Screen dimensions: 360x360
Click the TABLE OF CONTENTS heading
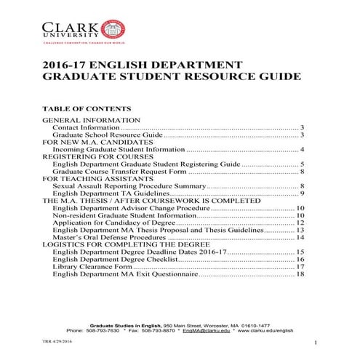click(87, 108)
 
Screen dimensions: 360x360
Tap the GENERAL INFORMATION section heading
click(92, 119)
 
